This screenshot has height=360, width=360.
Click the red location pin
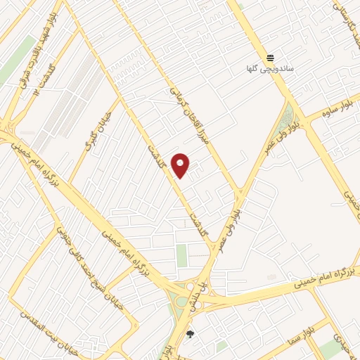(180, 165)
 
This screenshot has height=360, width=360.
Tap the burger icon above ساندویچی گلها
(270, 58)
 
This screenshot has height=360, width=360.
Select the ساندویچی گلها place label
(270, 69)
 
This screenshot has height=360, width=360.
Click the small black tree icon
(189, 334)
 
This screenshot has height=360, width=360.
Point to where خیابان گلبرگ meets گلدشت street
(120, 99)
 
